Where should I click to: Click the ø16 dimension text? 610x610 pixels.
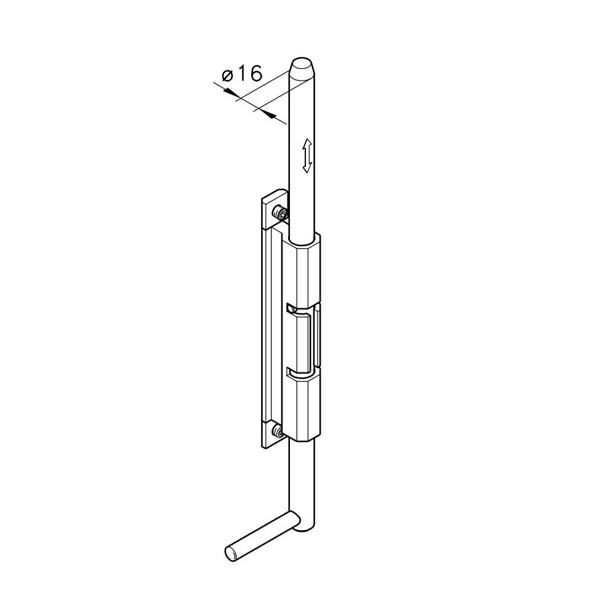tap(243, 73)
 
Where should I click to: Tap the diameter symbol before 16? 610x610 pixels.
tap(227, 74)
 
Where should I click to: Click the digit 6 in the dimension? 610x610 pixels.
tap(255, 73)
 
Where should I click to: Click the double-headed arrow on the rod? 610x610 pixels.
tap(307, 156)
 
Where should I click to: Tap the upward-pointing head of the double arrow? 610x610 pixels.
tap(307, 143)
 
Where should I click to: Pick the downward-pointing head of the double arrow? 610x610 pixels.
tap(307, 167)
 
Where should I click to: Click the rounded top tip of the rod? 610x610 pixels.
tap(302, 65)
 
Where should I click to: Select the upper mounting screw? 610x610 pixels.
tap(281, 213)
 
